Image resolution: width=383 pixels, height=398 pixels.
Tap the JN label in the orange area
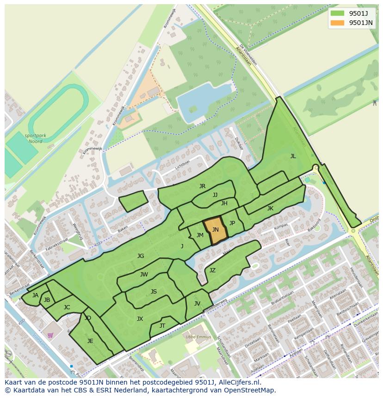(x=216, y=230)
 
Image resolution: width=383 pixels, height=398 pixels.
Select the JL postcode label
(x=293, y=156)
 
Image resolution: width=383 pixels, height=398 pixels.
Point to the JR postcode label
(x=202, y=186)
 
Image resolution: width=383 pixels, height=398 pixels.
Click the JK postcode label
(x=270, y=208)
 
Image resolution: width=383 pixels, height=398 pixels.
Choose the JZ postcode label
(x=212, y=270)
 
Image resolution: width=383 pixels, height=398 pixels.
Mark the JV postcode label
(x=197, y=304)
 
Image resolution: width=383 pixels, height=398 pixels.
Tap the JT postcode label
(x=162, y=326)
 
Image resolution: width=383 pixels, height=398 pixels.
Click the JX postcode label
(x=140, y=319)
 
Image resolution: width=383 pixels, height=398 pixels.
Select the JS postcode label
(x=154, y=292)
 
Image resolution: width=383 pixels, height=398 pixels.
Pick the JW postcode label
(x=144, y=275)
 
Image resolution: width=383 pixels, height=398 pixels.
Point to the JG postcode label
(x=141, y=256)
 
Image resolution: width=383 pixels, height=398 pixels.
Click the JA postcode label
(x=35, y=295)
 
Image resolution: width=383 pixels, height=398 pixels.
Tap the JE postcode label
(x=90, y=341)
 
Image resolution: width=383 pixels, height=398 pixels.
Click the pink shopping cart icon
(x=50, y=335)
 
